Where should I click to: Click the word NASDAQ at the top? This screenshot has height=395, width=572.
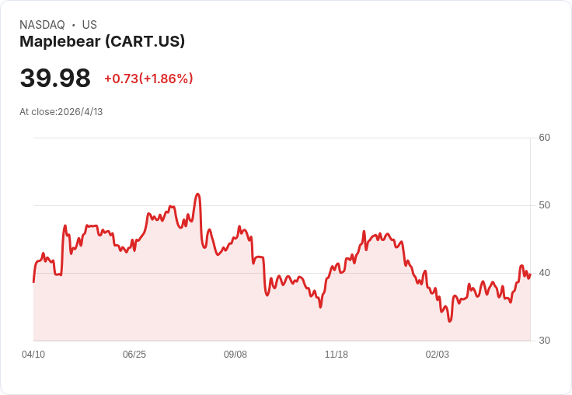click(x=42, y=25)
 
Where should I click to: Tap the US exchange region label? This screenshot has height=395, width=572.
click(x=89, y=25)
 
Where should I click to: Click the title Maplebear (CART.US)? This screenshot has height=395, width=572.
click(x=102, y=42)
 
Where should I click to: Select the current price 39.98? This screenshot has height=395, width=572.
click(x=55, y=78)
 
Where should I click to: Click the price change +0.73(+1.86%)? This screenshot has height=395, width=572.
click(x=148, y=79)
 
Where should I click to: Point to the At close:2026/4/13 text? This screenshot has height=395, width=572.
click(x=61, y=112)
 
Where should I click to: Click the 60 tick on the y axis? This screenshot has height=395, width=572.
click(x=545, y=138)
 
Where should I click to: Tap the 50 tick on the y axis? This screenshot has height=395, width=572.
click(x=545, y=205)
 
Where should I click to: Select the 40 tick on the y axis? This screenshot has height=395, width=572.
click(x=545, y=273)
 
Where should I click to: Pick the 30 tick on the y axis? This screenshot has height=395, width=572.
click(x=545, y=341)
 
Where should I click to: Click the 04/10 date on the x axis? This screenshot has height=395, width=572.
click(x=33, y=355)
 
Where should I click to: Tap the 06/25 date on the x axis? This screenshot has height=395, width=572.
click(x=134, y=355)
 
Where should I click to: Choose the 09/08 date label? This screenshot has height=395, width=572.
click(x=235, y=355)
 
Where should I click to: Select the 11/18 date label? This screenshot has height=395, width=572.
click(x=337, y=355)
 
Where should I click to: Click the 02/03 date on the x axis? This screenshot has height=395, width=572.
click(x=438, y=355)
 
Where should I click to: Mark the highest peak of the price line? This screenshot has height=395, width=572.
click(x=198, y=194)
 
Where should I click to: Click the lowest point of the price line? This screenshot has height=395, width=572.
click(x=449, y=321)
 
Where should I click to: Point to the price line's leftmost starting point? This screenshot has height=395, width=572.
click(x=33, y=281)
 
